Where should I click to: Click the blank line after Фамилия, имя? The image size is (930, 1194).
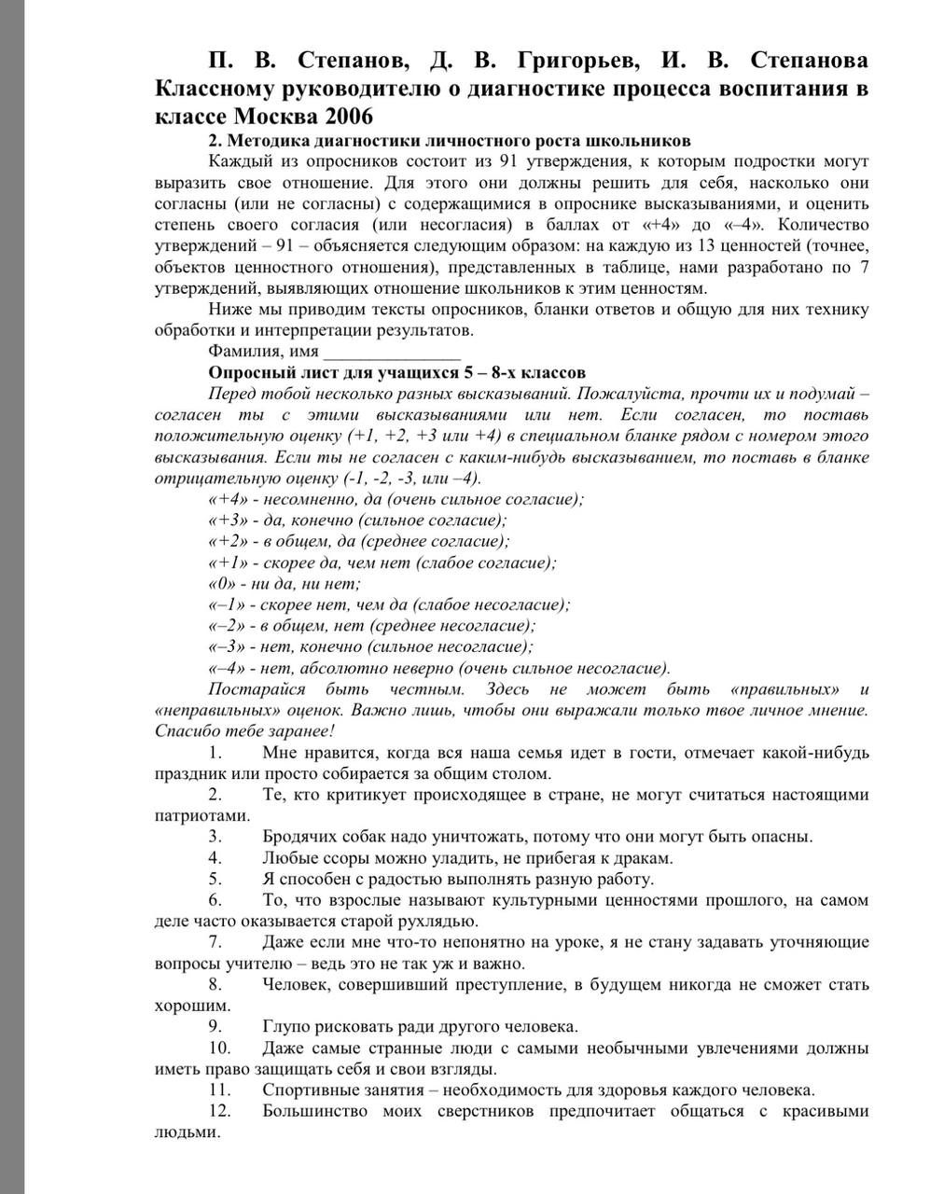[391, 353]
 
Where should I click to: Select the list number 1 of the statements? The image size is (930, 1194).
[215, 753]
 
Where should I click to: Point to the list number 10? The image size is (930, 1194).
[219, 1048]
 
